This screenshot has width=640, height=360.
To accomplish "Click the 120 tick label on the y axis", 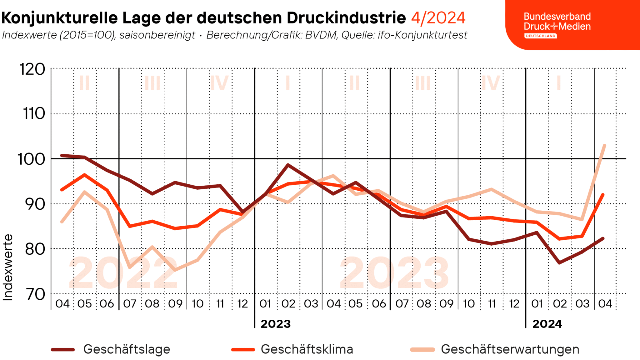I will point(32,69).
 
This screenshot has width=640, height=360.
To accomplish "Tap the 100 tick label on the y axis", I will point(32,159).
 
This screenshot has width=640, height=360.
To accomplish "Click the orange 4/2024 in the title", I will point(438,18).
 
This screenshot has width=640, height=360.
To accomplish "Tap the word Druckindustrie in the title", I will point(346,18).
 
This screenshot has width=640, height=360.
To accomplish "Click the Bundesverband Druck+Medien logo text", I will point(557,22).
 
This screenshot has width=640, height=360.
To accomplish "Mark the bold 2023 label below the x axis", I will point(276,324).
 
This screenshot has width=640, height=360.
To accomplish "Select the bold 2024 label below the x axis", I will point(547,324).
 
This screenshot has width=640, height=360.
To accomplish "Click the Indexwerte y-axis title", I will point(8,267).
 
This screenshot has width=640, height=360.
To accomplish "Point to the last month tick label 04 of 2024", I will point(605,303).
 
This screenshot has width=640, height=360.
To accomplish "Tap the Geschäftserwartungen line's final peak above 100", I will point(604,146).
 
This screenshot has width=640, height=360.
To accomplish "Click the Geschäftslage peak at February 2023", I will point(288,165).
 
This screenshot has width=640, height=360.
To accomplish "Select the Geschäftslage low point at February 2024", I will point(559,262).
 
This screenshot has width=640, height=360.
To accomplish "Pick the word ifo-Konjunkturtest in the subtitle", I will point(422,35).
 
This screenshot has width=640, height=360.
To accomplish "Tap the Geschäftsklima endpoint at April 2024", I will point(603,195).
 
